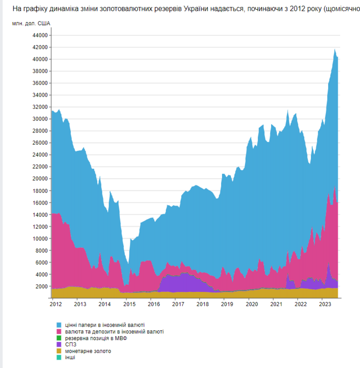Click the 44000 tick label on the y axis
click(x=39, y=35)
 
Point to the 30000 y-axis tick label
click(x=39, y=119)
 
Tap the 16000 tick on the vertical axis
click(x=39, y=203)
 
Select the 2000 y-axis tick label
click(x=41, y=287)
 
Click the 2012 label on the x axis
click(x=55, y=305)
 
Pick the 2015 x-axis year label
click(x=129, y=305)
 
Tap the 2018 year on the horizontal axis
click(x=202, y=305)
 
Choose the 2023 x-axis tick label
click(x=325, y=305)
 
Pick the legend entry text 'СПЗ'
click(x=70, y=344)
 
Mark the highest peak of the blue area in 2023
click(x=334, y=50)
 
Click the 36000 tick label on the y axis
click(x=39, y=83)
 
